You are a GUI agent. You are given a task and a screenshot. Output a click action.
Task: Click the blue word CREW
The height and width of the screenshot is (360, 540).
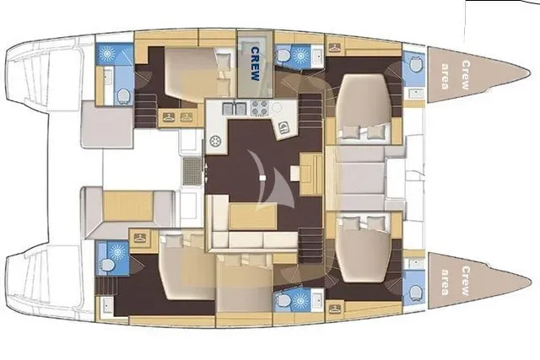[x=255, y=64]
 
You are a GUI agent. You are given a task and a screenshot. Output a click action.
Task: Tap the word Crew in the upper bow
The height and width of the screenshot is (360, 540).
[x=465, y=75]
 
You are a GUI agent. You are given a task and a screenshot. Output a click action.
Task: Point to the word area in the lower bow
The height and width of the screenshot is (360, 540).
[x=445, y=282]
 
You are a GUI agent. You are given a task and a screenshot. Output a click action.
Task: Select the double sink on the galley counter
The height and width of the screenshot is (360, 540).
[x=235, y=109]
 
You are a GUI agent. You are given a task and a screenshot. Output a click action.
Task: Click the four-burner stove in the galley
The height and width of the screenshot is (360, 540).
[x=259, y=108]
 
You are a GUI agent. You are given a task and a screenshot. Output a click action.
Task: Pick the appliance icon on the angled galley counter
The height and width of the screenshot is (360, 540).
[x=284, y=128]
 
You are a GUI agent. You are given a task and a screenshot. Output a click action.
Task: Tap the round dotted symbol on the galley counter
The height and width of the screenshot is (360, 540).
[x=216, y=141]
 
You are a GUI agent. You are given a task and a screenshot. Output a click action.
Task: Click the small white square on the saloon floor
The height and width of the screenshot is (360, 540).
[x=262, y=178]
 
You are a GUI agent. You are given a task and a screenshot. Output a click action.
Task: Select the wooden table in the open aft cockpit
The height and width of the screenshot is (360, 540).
[x=127, y=207]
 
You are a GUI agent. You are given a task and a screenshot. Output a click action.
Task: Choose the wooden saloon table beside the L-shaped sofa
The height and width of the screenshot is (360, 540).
[x=253, y=216]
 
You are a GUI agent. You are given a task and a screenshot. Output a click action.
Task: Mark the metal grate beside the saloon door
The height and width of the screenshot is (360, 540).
[x=192, y=171]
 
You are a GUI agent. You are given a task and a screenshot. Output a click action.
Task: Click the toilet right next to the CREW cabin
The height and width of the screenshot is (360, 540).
[x=284, y=56]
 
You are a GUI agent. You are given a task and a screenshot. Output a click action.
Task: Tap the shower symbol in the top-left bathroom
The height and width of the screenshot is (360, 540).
[x=107, y=54]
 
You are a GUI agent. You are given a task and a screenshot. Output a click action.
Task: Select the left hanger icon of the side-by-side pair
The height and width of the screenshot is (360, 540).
[x=169, y=117]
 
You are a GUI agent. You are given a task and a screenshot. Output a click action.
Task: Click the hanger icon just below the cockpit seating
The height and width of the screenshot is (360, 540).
[x=140, y=238]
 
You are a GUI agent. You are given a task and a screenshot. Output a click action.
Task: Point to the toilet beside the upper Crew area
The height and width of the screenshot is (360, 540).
[x=414, y=64]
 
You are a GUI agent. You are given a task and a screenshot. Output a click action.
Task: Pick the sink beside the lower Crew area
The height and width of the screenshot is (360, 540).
[x=416, y=264]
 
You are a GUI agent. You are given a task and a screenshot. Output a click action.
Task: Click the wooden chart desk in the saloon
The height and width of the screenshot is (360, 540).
[x=311, y=175]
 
